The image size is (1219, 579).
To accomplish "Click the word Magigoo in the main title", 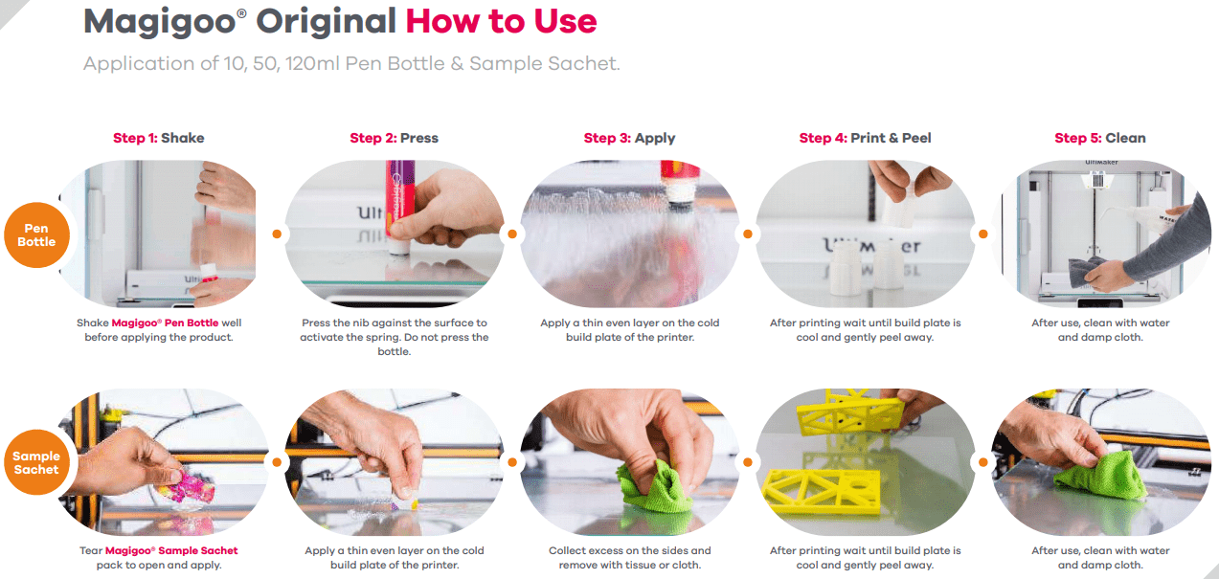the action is point(160,22).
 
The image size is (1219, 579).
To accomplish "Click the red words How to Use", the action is point(501,21).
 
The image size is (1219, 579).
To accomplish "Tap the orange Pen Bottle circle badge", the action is point(37,234).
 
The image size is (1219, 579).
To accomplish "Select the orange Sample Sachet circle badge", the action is point(37,462).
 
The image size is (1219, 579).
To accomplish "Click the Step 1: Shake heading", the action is point(158,138).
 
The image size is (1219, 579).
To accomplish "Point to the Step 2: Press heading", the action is point(394,138).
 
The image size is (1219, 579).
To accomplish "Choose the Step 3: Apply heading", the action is point(630,138).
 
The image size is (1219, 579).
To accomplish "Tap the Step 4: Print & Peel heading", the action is point(866,138).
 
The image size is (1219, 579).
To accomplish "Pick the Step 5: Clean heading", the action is point(1100,138).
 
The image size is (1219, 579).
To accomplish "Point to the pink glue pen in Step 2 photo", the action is point(400,204).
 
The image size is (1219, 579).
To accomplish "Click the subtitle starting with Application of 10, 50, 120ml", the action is point(351,63).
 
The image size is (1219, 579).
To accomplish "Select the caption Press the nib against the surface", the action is point(394,337).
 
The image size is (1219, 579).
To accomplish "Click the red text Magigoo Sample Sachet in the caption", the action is point(171,550).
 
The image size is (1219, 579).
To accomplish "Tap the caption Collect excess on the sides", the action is point(630,558).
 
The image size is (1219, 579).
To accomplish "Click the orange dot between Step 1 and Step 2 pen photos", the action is point(277,234).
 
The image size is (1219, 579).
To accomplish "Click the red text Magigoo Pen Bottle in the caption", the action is point(165,323).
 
